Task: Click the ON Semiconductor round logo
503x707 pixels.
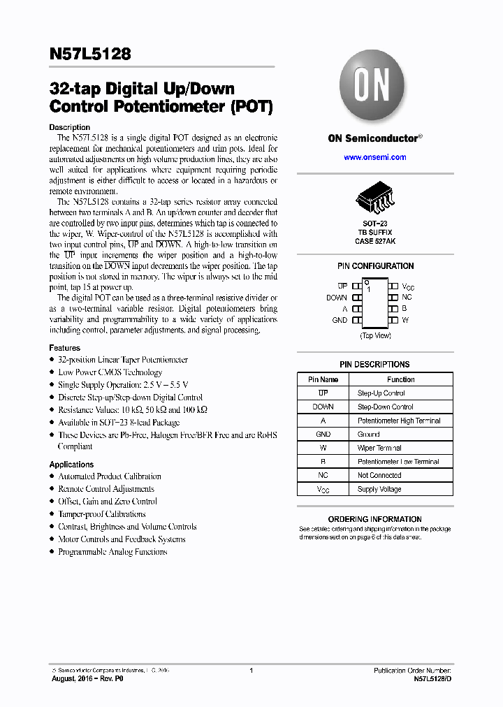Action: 372,88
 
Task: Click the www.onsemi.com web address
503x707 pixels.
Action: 374,157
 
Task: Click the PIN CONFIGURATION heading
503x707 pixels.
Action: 375,266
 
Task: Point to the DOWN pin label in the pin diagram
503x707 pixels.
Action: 337,298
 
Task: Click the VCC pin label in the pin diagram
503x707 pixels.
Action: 409,287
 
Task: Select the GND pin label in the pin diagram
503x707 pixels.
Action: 340,320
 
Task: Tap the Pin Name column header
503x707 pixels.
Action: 323,379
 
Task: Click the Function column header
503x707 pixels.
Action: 400,379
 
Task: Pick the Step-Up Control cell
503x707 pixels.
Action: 381,393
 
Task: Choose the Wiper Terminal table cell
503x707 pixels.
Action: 379,448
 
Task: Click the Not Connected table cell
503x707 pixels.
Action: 379,475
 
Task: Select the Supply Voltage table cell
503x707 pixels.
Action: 379,489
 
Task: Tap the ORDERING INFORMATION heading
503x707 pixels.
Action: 374,519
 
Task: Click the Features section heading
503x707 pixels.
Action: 64,348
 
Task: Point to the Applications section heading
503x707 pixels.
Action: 71,465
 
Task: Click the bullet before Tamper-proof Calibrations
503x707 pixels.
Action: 52,514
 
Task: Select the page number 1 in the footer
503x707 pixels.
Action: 251,670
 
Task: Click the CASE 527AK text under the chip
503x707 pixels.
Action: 375,241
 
